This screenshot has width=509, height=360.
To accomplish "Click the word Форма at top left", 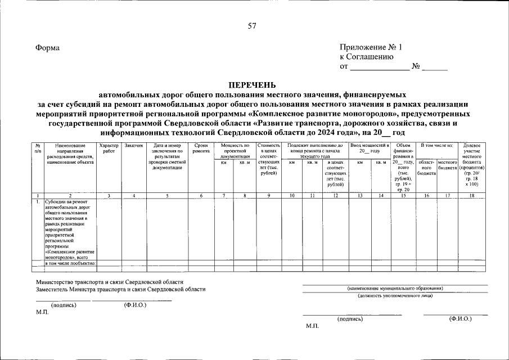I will coord(47,48).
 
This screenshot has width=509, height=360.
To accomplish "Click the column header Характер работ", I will coord(109,148).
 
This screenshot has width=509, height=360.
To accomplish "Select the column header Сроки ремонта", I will coord(201,148).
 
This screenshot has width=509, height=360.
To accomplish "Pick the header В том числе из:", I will coord(437,146).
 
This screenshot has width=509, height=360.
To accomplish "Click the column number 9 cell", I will coord(269,195).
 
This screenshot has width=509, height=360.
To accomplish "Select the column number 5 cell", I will coord(166,195).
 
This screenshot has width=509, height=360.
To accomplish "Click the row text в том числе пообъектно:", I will coord(70,263).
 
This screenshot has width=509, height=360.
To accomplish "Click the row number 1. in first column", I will coord(38,201).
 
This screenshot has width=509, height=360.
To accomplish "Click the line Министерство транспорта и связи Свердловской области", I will coord(109,282).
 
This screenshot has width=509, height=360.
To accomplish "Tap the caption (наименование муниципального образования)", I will coord(395,288).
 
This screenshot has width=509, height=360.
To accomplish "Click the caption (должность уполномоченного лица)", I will coord(395,295).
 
